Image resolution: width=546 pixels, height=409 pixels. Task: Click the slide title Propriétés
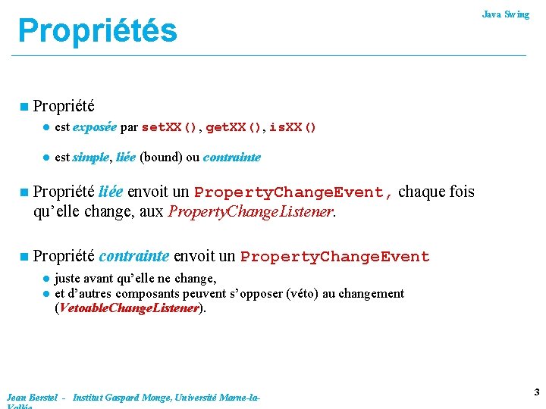[x=97, y=31]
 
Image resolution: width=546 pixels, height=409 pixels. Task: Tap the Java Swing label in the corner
[x=506, y=14]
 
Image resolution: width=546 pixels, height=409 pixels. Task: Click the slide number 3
[x=536, y=392]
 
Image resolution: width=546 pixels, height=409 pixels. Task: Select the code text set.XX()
[x=170, y=127]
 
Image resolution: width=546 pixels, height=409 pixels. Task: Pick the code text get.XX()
[x=234, y=127]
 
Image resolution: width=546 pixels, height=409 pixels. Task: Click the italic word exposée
[x=95, y=127]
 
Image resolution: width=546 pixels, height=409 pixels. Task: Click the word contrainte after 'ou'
[x=232, y=158]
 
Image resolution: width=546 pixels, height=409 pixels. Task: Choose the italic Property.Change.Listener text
[x=250, y=211]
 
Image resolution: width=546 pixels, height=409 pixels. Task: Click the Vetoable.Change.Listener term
[x=128, y=308]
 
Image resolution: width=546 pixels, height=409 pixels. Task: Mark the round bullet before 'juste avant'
[x=45, y=279]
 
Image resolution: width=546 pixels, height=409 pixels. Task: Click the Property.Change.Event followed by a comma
[x=293, y=192]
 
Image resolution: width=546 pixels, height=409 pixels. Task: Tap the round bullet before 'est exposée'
[x=45, y=128]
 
